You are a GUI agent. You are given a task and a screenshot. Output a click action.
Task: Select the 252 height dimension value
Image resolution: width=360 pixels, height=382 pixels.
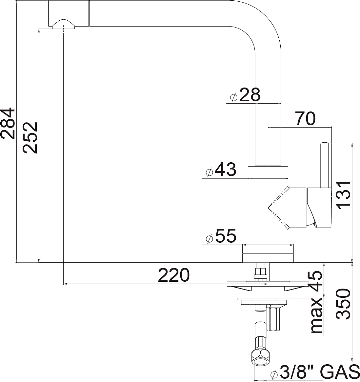point(30,138)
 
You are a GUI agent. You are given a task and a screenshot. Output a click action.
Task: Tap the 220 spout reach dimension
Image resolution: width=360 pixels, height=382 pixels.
point(173,275)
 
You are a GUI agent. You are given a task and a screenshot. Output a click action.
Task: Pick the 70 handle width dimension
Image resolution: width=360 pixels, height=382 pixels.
point(305,119)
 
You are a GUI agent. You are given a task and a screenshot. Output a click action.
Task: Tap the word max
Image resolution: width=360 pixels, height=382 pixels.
point(317,316)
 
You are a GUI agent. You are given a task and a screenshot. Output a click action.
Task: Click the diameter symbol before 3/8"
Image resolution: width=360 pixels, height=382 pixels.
point(274,374)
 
